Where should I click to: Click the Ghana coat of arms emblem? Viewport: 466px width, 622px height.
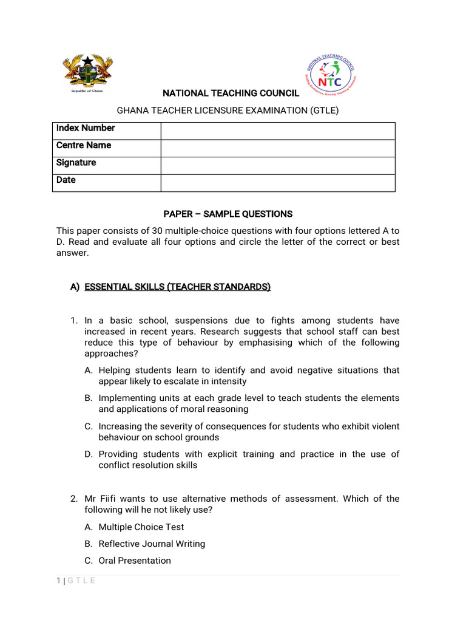coord(88,72)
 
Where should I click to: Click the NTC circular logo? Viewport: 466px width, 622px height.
coord(329,74)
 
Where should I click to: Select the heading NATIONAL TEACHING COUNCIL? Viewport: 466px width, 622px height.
coord(230,93)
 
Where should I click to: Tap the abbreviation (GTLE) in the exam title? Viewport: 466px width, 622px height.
coord(324,110)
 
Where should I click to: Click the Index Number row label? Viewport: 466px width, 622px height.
coord(86,128)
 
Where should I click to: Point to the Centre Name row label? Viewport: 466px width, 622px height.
coord(84,146)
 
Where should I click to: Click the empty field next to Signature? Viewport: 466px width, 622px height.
coord(277,166)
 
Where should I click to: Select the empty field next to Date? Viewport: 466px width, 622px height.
coord(277,183)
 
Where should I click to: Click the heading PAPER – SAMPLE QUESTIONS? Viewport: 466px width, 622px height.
coord(228,214)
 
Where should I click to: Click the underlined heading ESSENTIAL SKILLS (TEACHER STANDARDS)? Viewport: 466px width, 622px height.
coord(178,287)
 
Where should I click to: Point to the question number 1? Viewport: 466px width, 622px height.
coord(73,320)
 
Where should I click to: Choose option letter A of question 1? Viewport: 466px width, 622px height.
coord(89,370)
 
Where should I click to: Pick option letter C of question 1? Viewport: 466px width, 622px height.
coord(89,426)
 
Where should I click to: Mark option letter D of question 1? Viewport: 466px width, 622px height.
coord(89,454)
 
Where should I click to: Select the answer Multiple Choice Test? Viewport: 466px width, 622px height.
coord(141,527)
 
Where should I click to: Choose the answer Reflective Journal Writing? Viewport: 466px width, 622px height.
coord(152,544)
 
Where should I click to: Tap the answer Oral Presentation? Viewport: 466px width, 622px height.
coord(135,561)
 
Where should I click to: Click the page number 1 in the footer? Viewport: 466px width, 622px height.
coord(58,581)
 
